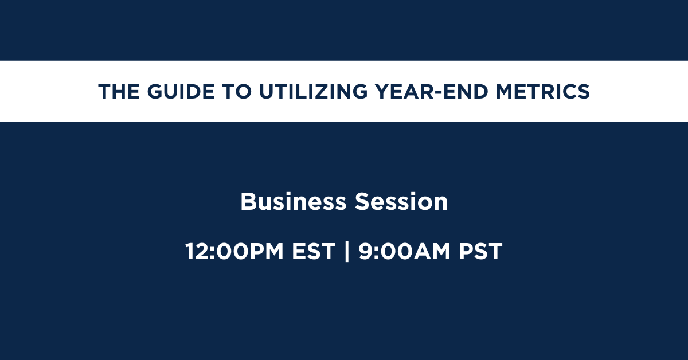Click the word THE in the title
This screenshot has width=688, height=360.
tap(119, 92)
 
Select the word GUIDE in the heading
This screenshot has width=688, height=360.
tap(181, 92)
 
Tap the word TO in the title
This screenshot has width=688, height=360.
tap(237, 92)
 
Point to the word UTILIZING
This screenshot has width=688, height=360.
tap(313, 92)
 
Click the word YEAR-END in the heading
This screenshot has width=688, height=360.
tap(432, 92)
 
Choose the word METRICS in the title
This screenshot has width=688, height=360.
tap(543, 92)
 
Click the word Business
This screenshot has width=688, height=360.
tap(294, 202)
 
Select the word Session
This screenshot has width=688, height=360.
tap(401, 202)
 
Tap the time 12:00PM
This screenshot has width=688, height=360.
tap(234, 251)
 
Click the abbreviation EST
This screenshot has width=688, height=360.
tap(313, 251)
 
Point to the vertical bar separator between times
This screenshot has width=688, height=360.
tap(347, 251)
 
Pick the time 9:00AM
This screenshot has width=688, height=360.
tap(405, 251)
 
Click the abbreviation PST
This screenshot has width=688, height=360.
tap(480, 251)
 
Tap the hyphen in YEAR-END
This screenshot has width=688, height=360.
tap(439, 93)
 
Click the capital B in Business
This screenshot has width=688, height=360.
tap(248, 202)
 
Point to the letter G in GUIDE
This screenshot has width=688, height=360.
tap(155, 92)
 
